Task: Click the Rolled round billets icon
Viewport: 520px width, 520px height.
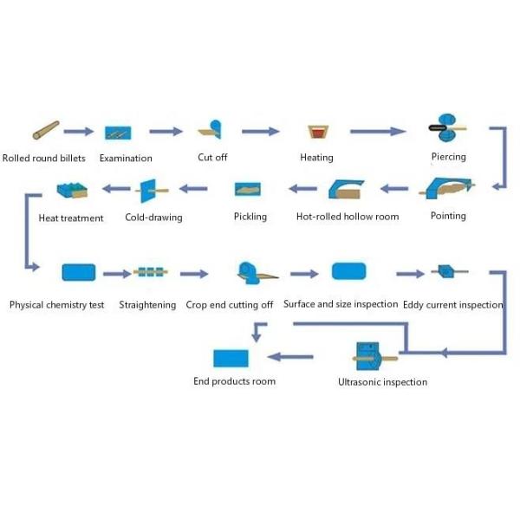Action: tap(46, 131)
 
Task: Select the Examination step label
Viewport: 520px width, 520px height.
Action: tap(126, 158)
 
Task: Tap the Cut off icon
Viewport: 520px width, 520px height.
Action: tap(211, 130)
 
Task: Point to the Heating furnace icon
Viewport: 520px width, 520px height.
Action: tap(316, 133)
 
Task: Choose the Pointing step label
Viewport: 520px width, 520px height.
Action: tap(448, 216)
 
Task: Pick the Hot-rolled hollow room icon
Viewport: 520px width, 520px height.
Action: tap(347, 189)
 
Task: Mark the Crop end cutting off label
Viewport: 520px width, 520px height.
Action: tap(230, 304)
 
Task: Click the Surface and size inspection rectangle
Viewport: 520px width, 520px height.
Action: tap(348, 271)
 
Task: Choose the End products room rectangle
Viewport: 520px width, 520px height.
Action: tap(231, 357)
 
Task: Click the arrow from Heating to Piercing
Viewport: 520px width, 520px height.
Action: tap(378, 132)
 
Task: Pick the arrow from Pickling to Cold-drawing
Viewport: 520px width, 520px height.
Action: tap(194, 188)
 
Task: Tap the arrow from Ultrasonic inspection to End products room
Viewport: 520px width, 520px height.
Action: tap(291, 355)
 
